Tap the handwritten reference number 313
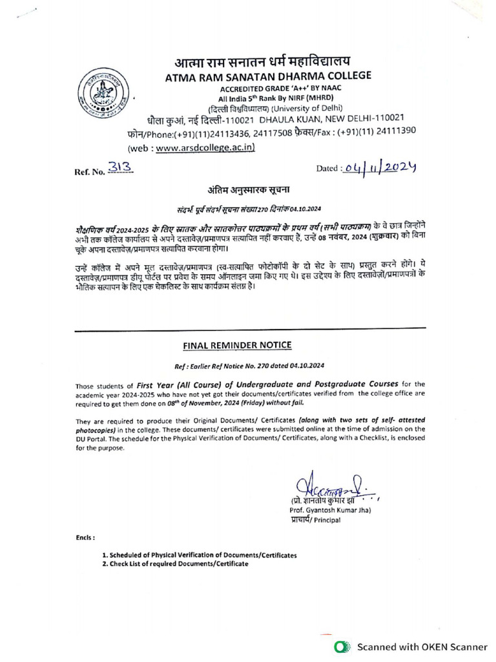pyautogui.click(x=120, y=167)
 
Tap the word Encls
pyautogui.click(x=85, y=538)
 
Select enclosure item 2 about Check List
pyautogui.click(x=174, y=563)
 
